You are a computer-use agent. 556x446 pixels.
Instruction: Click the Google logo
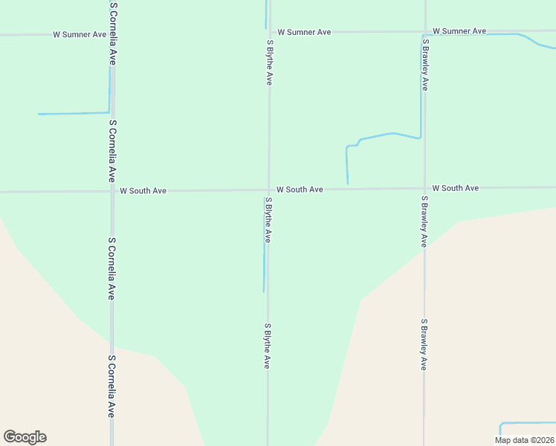click(x=25, y=437)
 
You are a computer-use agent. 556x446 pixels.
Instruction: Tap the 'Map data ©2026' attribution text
click(x=524, y=440)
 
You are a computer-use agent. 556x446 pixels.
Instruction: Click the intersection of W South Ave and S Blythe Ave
click(x=268, y=190)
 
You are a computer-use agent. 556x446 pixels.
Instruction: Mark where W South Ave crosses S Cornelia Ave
click(x=112, y=191)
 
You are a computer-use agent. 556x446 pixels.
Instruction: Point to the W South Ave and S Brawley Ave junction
click(x=424, y=188)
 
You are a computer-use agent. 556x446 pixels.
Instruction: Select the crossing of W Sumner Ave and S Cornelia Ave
click(x=112, y=34)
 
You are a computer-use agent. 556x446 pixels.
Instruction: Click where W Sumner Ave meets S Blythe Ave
click(x=269, y=33)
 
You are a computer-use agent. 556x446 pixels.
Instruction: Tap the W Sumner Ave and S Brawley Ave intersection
click(x=424, y=31)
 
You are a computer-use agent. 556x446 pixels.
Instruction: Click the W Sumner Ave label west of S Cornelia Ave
click(x=80, y=34)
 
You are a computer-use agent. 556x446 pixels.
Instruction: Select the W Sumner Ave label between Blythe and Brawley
click(x=304, y=33)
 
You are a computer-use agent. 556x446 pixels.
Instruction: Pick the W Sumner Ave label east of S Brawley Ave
click(x=459, y=31)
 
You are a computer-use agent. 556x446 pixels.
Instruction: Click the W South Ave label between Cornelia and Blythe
click(x=143, y=191)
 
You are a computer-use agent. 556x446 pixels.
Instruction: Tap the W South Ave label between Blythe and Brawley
click(x=300, y=190)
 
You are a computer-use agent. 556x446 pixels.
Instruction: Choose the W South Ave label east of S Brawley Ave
click(x=455, y=188)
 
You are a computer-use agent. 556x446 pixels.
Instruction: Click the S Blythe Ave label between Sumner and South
click(x=269, y=62)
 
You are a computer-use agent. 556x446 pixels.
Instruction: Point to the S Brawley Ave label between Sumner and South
click(x=424, y=65)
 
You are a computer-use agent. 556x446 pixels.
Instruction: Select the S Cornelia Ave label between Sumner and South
click(x=112, y=151)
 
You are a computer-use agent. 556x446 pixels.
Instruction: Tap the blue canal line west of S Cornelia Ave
click(x=74, y=114)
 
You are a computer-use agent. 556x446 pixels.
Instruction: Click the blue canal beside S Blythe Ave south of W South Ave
click(x=264, y=268)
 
